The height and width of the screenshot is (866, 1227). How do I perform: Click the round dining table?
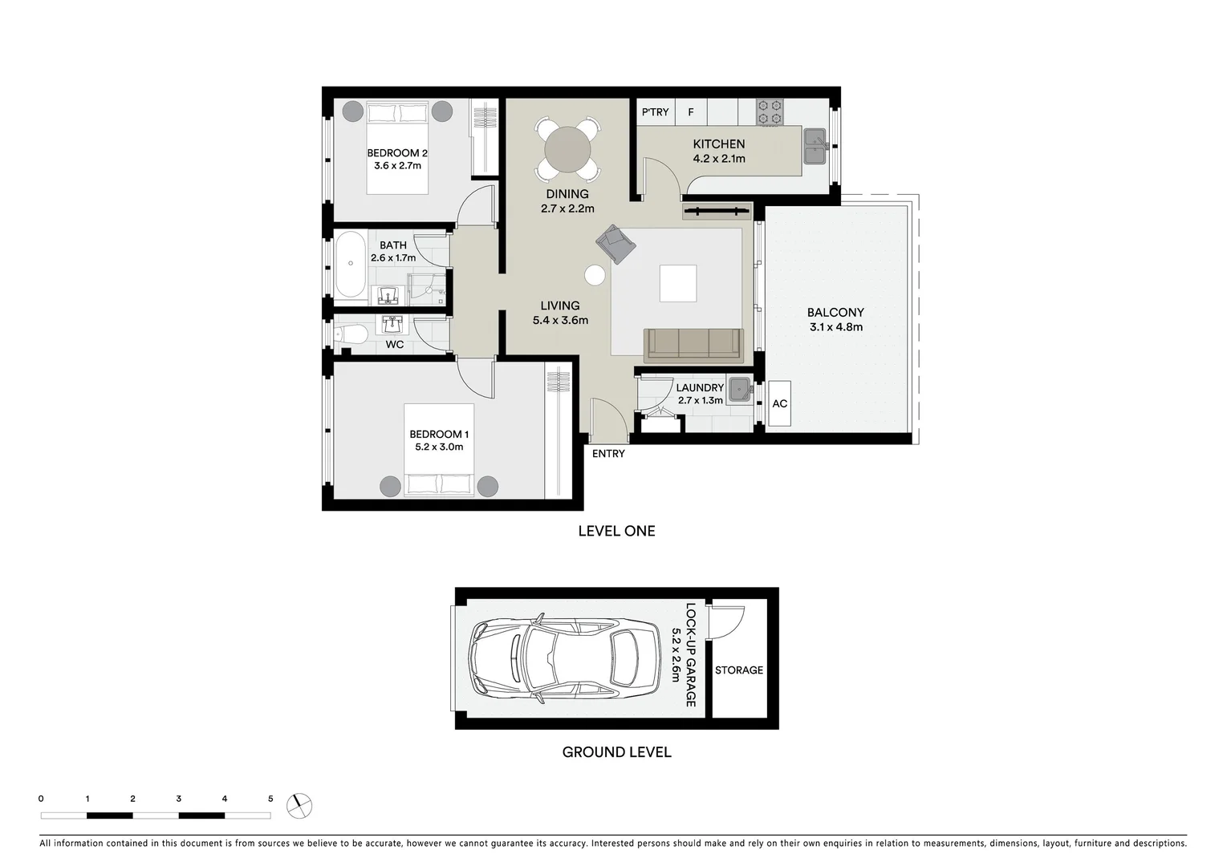click(567, 149)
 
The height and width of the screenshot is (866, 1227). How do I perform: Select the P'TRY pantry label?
click(655, 112)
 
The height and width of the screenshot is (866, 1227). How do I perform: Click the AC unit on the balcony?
click(779, 404)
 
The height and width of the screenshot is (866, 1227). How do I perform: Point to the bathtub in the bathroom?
click(350, 264)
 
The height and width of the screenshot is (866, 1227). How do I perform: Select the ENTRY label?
click(608, 454)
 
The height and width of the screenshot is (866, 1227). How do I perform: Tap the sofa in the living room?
click(693, 343)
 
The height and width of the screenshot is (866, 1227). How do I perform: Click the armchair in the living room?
click(615, 243)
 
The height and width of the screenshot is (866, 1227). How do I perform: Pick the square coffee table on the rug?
click(677, 283)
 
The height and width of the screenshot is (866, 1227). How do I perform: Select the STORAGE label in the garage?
click(739, 670)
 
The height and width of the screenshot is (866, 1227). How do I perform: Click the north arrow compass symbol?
click(300, 805)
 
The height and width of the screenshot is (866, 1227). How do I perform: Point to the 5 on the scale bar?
click(270, 799)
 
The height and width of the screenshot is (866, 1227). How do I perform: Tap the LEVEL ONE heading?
click(616, 531)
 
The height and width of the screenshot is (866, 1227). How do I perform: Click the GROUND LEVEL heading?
click(616, 752)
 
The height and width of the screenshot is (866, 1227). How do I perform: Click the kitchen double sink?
click(815, 145)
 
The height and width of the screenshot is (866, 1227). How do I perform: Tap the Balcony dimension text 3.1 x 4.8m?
click(835, 327)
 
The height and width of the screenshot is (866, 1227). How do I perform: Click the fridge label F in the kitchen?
click(690, 112)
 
